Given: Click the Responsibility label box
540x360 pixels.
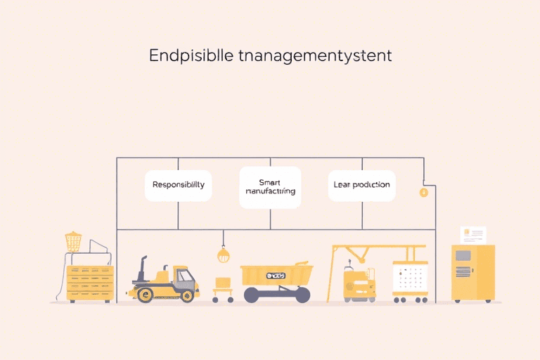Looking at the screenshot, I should point(179,185).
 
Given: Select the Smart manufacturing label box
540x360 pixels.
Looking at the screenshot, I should point(270,187).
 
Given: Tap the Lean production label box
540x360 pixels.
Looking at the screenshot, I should point(362,185).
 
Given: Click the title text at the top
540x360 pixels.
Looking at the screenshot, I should point(270,56).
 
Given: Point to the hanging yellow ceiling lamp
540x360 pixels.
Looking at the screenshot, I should point(224,255).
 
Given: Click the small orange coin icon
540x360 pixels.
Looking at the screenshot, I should point(423,192).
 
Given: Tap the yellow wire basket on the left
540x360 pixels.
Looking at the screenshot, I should point(73,242).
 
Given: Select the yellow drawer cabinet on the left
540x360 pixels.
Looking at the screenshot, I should point(89,283).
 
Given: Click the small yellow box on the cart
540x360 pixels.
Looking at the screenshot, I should point(224,283).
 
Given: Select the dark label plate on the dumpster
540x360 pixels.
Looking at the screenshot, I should point(276,276).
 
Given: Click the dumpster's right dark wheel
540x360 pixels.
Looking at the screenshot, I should point(302,296).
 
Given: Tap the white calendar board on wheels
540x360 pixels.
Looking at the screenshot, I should point(410,280).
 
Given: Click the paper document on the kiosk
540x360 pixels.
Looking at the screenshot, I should point(472,235).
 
